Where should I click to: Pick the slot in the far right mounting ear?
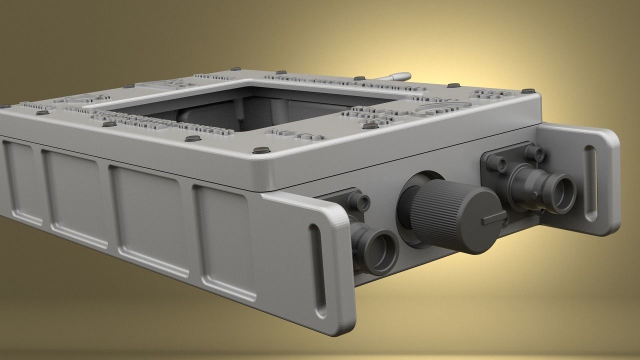591,182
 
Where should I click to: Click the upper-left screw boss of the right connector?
496,161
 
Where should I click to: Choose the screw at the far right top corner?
528,91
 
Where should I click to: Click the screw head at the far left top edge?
5,106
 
